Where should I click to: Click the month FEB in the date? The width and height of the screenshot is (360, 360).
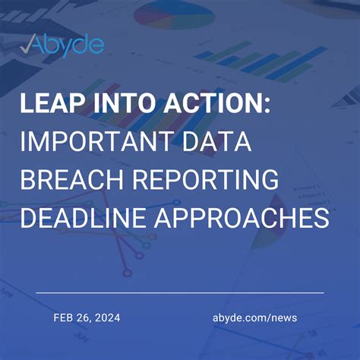pos(65,317)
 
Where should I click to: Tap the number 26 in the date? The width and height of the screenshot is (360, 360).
pos(86,317)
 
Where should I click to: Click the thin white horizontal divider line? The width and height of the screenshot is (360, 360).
pos(180,292)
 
